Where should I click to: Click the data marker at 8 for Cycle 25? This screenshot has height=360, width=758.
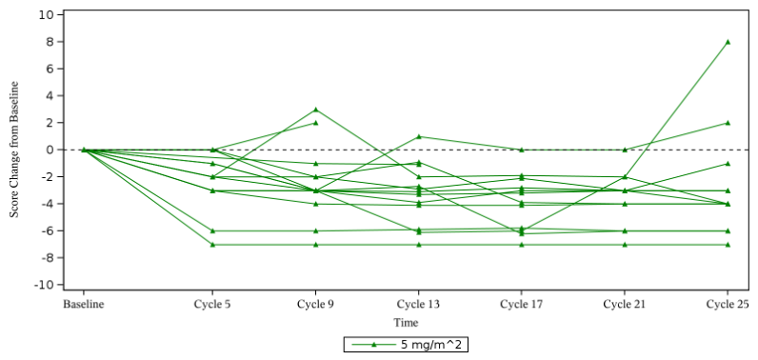point(728,42)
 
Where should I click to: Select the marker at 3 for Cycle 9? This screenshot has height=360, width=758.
point(315,110)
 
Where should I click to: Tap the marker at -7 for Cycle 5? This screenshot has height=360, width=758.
point(212,245)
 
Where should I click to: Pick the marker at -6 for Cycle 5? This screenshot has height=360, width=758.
point(212,231)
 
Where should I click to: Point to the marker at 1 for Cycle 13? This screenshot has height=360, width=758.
point(419,137)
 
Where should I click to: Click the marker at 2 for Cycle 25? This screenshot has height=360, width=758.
point(728,123)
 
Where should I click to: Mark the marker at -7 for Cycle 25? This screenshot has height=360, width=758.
point(728,245)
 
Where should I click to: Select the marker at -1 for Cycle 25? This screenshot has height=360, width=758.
point(728,164)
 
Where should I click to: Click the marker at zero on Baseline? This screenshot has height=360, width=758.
point(84,150)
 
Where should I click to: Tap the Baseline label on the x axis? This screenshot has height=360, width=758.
point(84,305)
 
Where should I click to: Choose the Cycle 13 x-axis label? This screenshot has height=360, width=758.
point(419,305)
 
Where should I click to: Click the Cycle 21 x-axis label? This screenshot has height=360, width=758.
point(625,305)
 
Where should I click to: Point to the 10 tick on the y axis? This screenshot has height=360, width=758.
point(47,14)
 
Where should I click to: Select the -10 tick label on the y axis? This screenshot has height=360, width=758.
point(44,285)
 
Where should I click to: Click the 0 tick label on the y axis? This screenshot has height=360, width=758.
point(50,150)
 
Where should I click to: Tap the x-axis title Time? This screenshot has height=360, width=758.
point(406,322)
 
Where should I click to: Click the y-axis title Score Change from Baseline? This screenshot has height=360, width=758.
point(15,150)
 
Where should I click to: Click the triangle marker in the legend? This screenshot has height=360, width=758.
point(372,345)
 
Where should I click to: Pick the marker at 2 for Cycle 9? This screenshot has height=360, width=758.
point(315,123)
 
